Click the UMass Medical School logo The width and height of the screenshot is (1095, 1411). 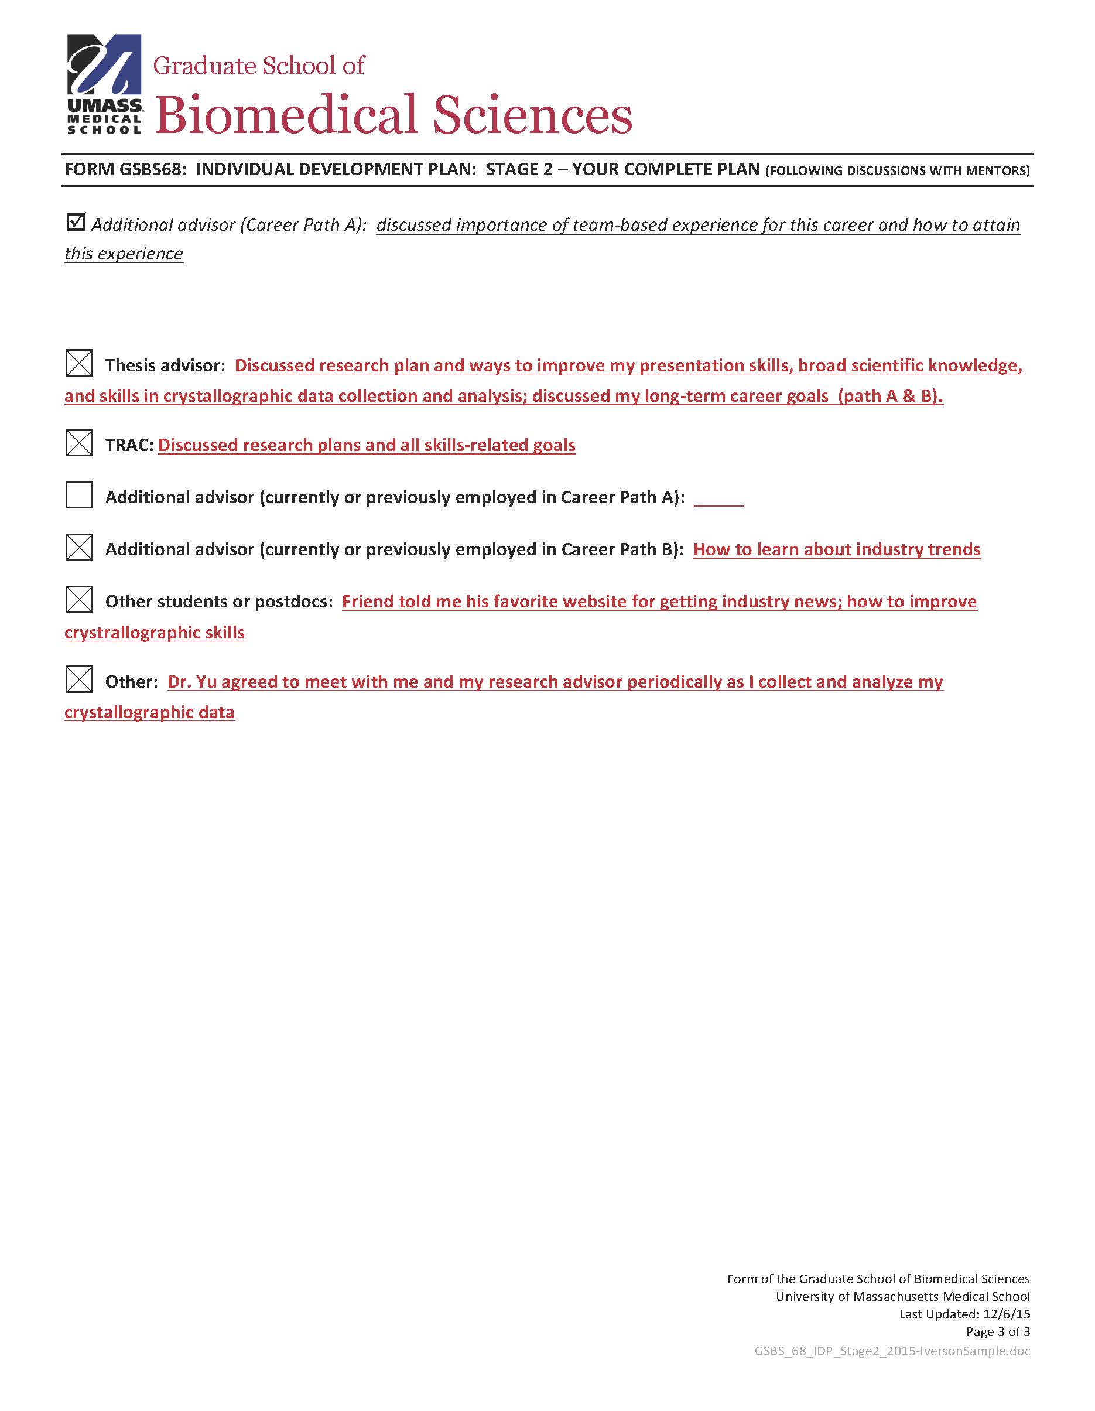pos(104,84)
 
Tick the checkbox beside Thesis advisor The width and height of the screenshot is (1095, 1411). pos(79,363)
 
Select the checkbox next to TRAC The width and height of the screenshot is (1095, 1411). pos(79,443)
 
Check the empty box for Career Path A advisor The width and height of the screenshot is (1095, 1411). pos(79,495)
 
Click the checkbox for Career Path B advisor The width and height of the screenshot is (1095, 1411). pos(79,547)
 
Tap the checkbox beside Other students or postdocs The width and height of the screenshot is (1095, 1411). pos(79,600)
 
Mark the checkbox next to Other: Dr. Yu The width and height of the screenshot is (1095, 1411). pos(79,679)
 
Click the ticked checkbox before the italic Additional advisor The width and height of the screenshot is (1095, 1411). pos(76,222)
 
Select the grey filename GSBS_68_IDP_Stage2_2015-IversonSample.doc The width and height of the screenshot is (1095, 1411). pos(891,1351)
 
